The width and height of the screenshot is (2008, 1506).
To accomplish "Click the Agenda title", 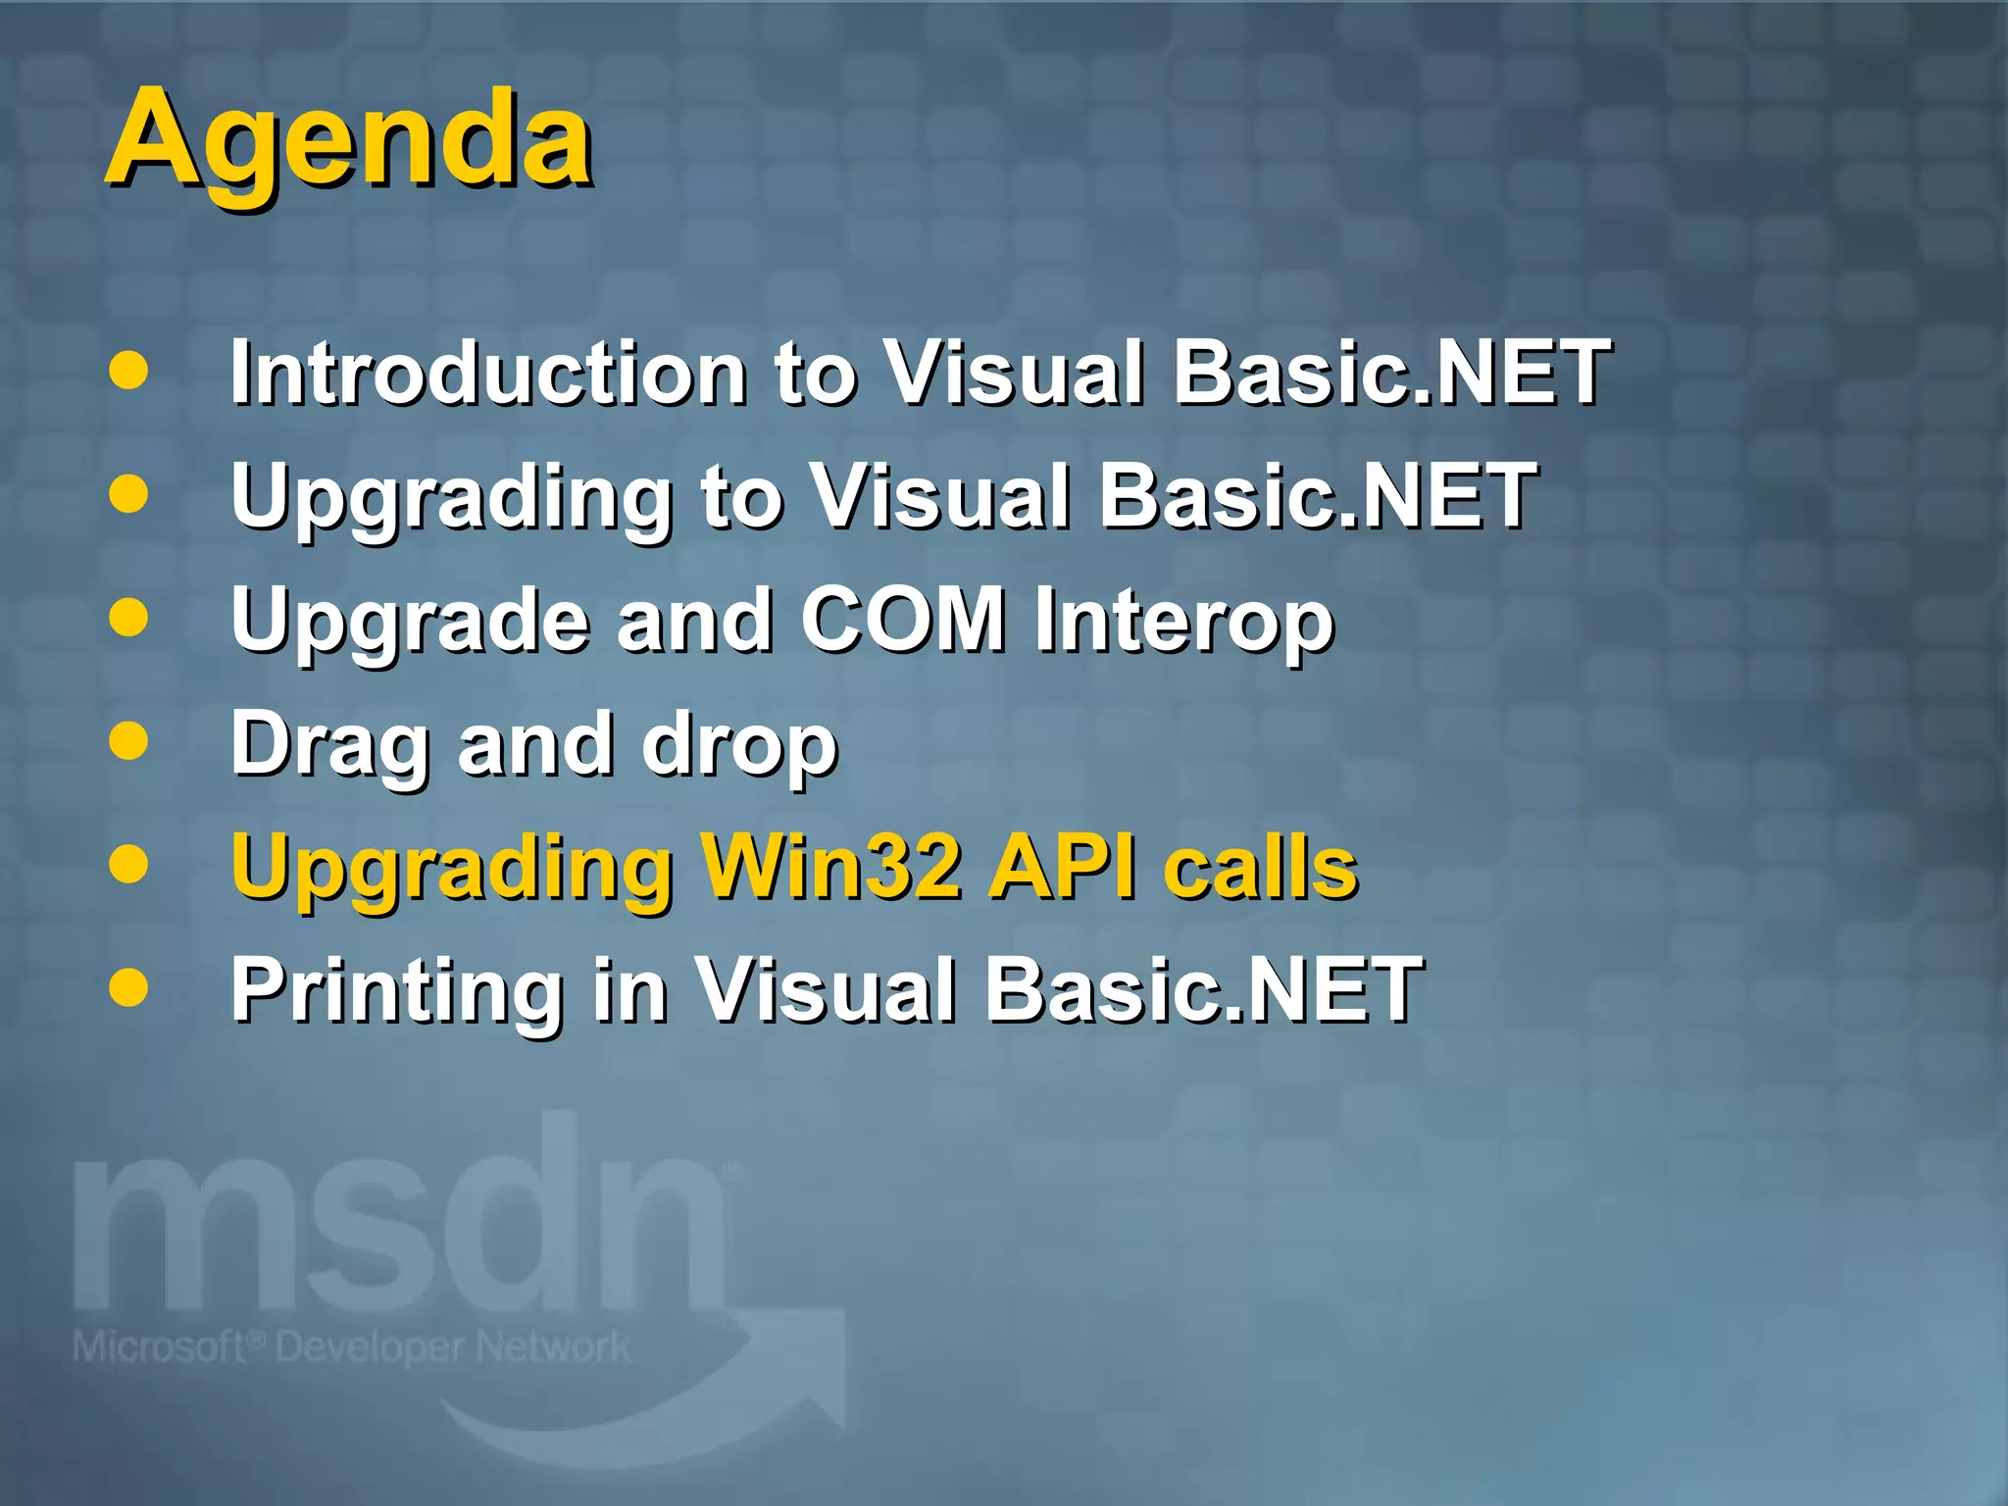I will click(x=350, y=139).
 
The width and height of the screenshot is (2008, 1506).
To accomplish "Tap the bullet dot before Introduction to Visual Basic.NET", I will click(x=128, y=371).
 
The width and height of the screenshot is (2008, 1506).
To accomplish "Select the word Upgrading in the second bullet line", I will click(x=451, y=498).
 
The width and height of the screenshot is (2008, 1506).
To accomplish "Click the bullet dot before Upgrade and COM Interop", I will click(x=128, y=618).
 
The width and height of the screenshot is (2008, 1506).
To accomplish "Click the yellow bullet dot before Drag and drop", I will click(x=128, y=741).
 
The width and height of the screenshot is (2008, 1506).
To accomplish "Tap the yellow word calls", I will click(x=1261, y=868).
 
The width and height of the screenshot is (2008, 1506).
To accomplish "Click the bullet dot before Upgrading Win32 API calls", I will click(x=128, y=864).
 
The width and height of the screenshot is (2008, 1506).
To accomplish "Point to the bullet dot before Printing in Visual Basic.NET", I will click(x=128, y=987).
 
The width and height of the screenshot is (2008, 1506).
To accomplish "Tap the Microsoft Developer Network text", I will click(x=351, y=1347).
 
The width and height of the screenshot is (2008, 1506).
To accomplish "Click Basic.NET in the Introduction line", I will click(x=1392, y=373).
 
